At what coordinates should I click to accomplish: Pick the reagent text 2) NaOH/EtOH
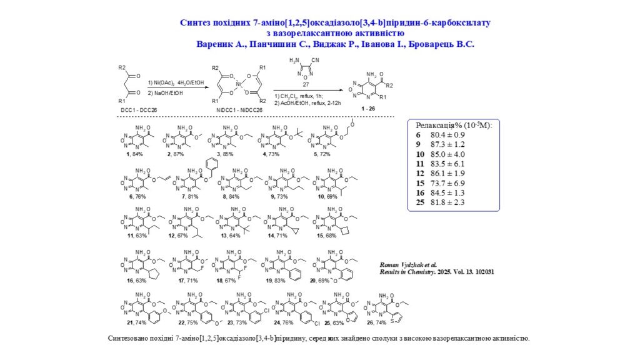pyautogui.click(x=166, y=92)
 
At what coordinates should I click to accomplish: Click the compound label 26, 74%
pyautogui.click(x=384, y=322)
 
